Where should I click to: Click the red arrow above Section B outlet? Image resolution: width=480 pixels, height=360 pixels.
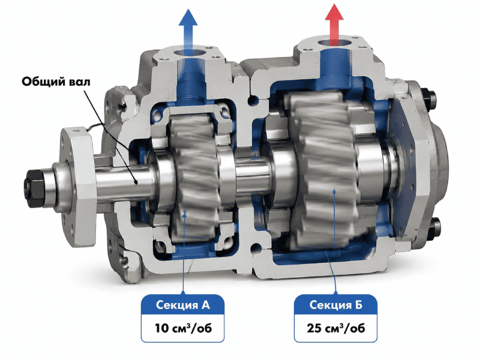pyautogui.click(x=334, y=25)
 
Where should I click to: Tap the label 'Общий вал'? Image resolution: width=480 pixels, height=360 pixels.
pyautogui.click(x=56, y=82)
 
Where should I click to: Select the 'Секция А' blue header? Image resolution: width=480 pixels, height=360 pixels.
pyautogui.click(x=183, y=305)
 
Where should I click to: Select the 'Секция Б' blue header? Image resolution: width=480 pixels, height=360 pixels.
pyautogui.click(x=335, y=305)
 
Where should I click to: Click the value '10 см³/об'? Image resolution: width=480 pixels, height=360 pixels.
pyautogui.click(x=183, y=328)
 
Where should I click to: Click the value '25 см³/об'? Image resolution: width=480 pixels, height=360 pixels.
pyautogui.click(x=336, y=328)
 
